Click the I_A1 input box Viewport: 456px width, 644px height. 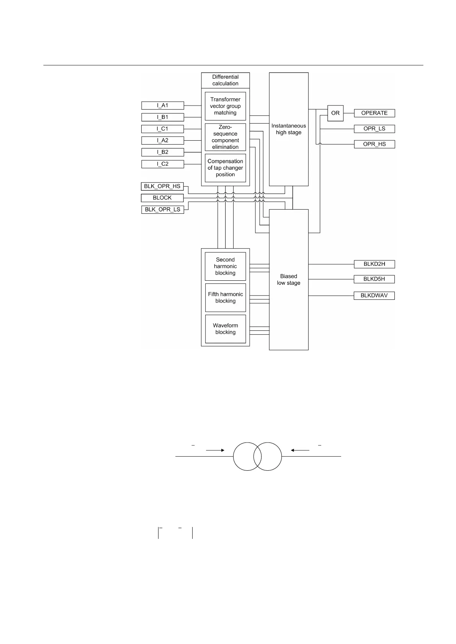[x=162, y=105]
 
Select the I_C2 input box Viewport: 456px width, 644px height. [x=162, y=164]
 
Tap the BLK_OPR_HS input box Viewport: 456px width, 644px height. [x=162, y=187]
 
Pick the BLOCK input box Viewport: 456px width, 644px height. [x=162, y=198]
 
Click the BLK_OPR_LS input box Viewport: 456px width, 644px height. [x=162, y=210]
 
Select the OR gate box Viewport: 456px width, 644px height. [x=335, y=113]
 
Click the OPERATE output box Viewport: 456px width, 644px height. [x=374, y=113]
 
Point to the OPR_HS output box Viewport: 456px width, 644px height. [x=374, y=144]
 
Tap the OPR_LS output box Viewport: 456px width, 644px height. [x=374, y=129]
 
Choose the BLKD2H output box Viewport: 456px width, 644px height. [x=374, y=264]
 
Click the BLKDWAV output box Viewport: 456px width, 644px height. [x=374, y=296]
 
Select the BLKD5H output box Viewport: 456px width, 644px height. [x=374, y=279]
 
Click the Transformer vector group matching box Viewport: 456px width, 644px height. [x=225, y=106]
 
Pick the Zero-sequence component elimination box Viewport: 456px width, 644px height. [x=225, y=137]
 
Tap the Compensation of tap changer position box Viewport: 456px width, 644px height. [x=225, y=168]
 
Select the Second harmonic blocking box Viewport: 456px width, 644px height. [x=225, y=266]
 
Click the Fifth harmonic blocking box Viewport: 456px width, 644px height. [x=225, y=298]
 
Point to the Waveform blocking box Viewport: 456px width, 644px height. [x=225, y=329]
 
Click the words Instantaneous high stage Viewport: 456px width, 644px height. [x=289, y=129]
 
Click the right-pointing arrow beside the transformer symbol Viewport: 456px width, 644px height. [x=215, y=450]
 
